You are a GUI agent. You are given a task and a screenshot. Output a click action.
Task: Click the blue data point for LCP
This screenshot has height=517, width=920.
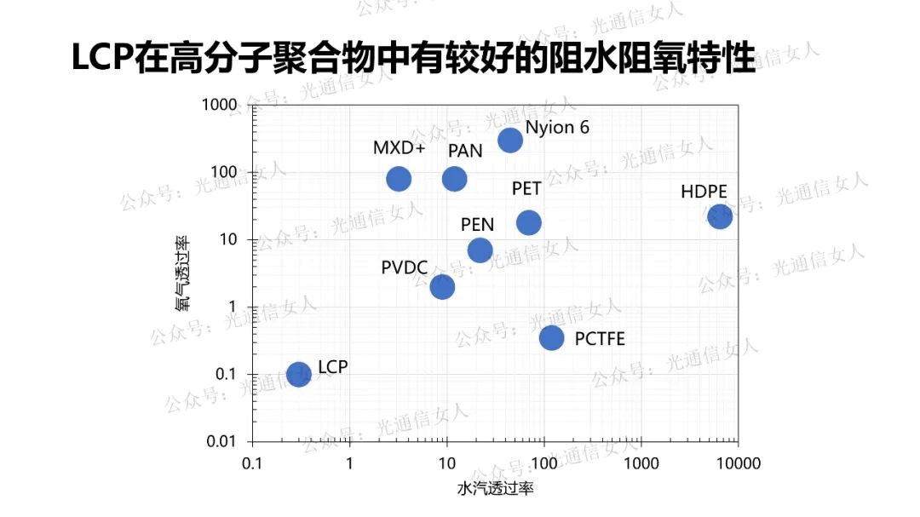pyautogui.click(x=298, y=374)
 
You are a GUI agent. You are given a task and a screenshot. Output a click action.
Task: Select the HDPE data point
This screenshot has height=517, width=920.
pyautogui.click(x=720, y=217)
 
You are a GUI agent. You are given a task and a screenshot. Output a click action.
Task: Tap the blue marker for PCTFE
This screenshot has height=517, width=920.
pyautogui.click(x=551, y=337)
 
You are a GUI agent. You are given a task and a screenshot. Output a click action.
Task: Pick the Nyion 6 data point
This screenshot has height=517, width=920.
pyautogui.click(x=510, y=140)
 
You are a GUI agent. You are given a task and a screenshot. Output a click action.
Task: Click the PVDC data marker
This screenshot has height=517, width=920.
pyautogui.click(x=442, y=286)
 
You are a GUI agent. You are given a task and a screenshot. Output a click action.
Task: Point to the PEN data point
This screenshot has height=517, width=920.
pyautogui.click(x=480, y=250)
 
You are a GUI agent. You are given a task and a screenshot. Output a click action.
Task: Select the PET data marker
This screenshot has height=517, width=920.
pyautogui.click(x=529, y=222)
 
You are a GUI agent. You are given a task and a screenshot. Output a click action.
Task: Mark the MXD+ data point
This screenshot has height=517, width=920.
pyautogui.click(x=399, y=179)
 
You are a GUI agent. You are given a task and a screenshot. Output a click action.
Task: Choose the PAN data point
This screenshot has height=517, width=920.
pyautogui.click(x=454, y=179)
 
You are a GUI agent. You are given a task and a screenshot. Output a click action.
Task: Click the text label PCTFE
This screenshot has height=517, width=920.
pyautogui.click(x=600, y=339)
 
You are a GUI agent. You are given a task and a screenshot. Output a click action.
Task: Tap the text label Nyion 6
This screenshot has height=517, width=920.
pyautogui.click(x=557, y=128)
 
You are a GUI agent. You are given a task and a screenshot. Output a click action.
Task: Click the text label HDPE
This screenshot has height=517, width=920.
pyautogui.click(x=704, y=192)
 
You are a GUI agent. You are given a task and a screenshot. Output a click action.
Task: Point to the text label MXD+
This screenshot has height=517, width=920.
pyautogui.click(x=399, y=147)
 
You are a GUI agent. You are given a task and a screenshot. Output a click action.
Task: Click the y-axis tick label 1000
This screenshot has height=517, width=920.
pyautogui.click(x=220, y=105)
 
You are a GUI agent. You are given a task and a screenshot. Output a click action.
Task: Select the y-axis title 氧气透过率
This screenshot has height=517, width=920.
pyautogui.click(x=182, y=273)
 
